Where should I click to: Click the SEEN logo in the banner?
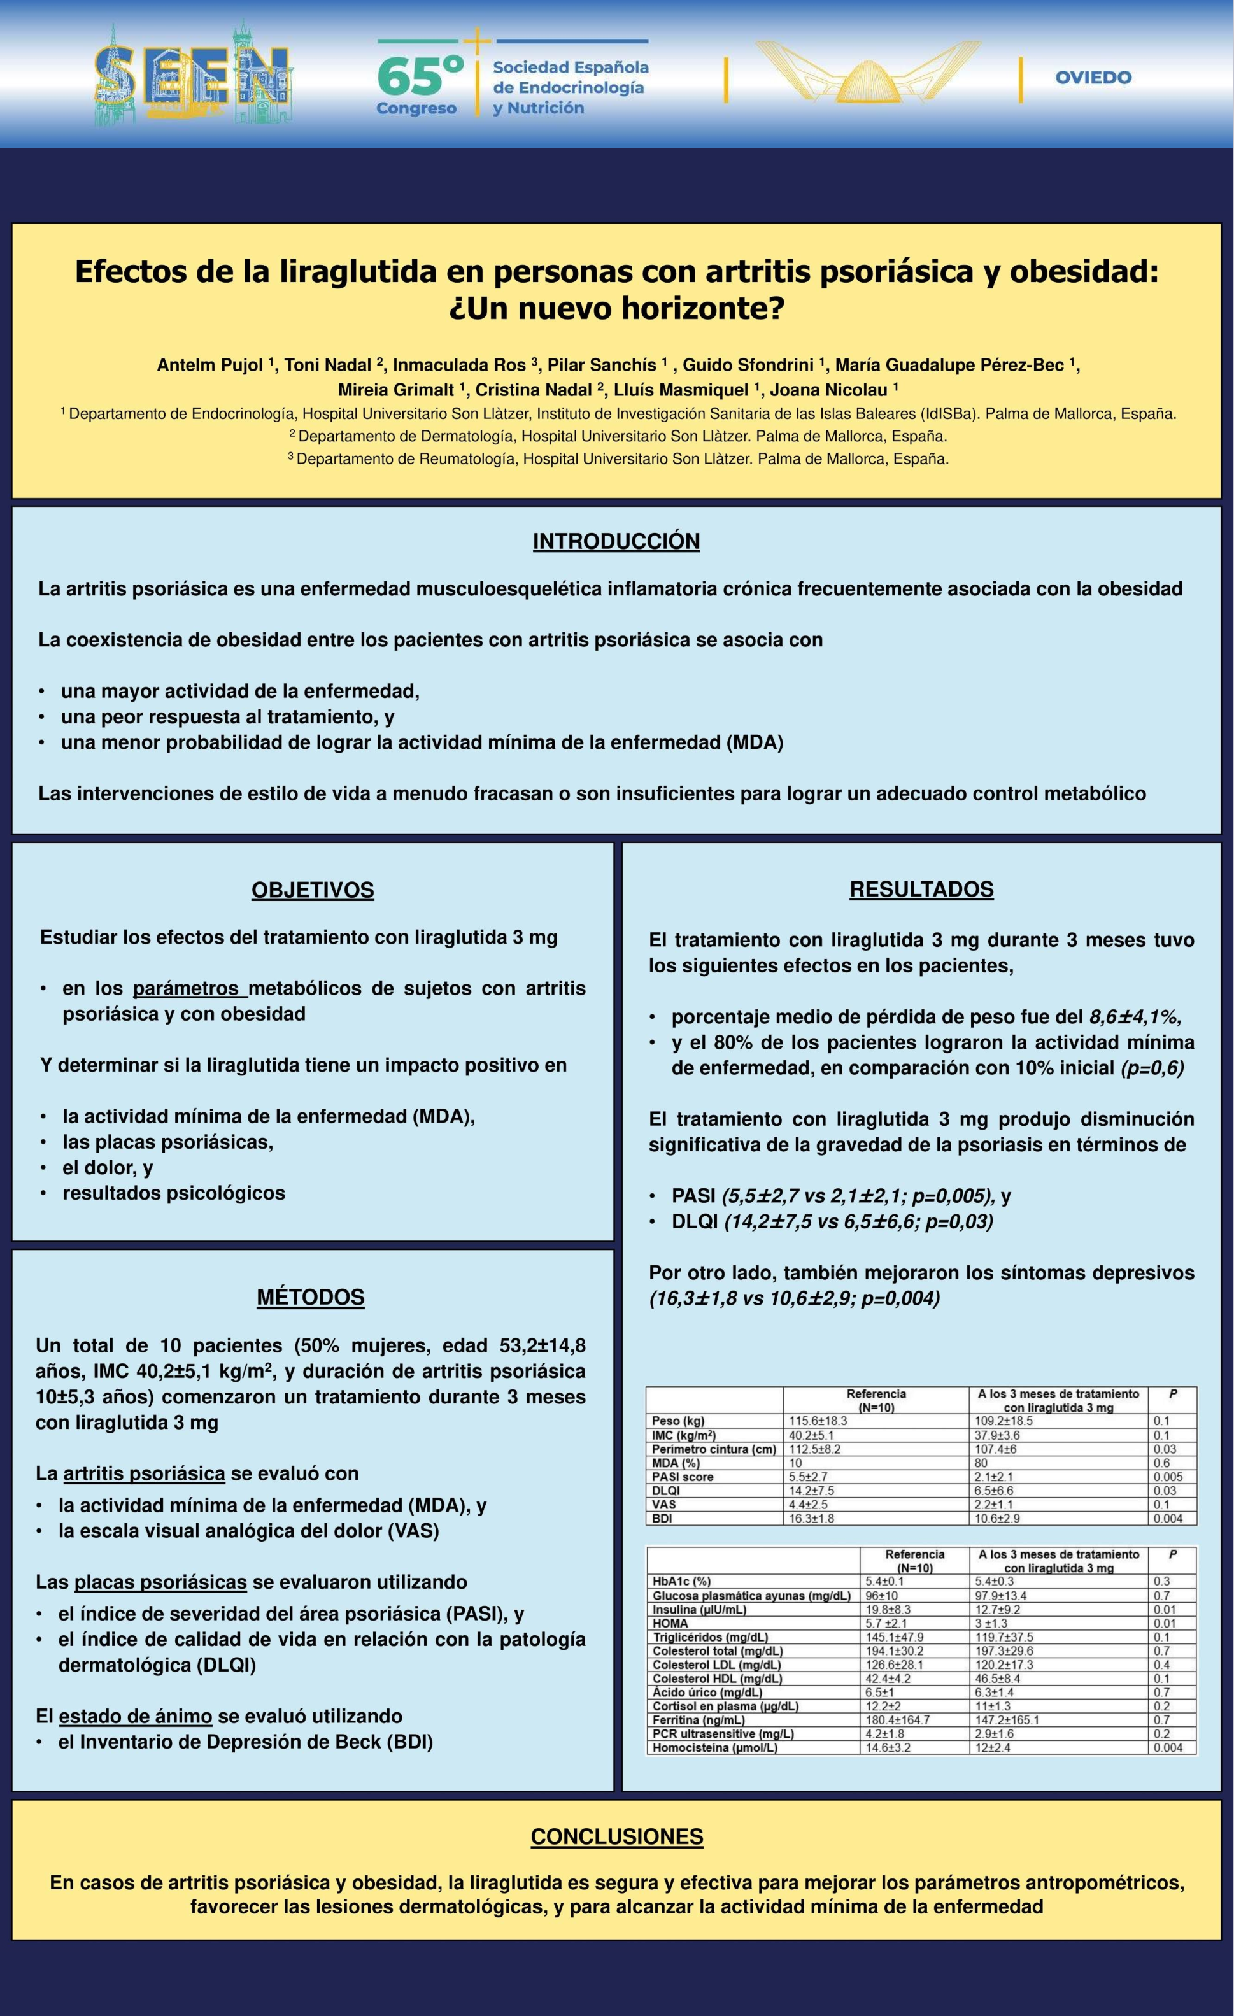[193, 75]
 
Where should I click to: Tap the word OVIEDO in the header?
[1093, 78]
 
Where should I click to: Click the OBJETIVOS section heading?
[313, 890]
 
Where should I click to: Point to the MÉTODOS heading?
[311, 1297]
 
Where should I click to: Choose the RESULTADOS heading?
[921, 890]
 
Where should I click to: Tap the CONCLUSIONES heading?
[617, 1837]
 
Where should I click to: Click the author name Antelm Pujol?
[209, 365]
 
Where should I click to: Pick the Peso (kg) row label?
[677, 1421]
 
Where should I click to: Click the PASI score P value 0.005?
[1168, 1477]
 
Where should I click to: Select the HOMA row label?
[670, 1623]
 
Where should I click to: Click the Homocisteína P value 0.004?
[1168, 1748]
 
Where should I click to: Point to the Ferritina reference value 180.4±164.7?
[898, 1720]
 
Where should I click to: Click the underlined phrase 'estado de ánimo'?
[135, 1715]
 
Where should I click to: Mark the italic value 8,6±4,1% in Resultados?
[1135, 1017]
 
